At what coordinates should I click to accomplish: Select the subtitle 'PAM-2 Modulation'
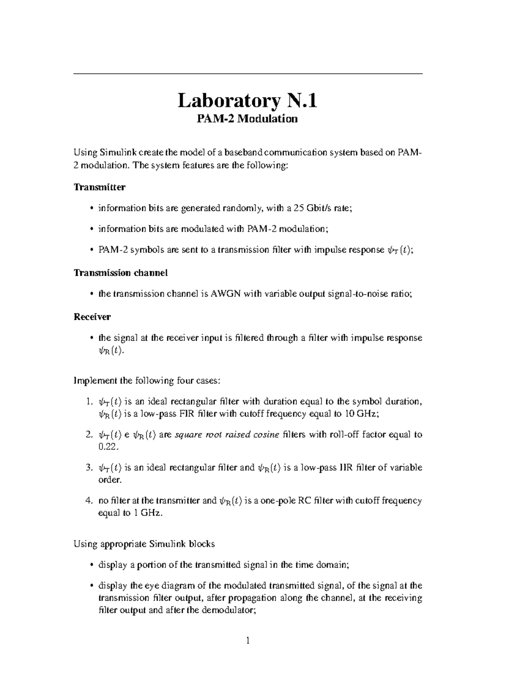pos(247,119)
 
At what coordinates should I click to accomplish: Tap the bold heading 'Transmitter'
pos(100,187)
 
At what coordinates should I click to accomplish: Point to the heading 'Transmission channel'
pos(120,273)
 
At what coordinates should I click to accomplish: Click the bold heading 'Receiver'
pos(92,317)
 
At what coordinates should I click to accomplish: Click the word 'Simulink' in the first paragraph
pos(116,153)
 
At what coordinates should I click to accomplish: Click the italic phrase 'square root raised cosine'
pos(227,435)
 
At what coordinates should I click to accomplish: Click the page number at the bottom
pos(248,641)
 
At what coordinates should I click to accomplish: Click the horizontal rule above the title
pos(247,74)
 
